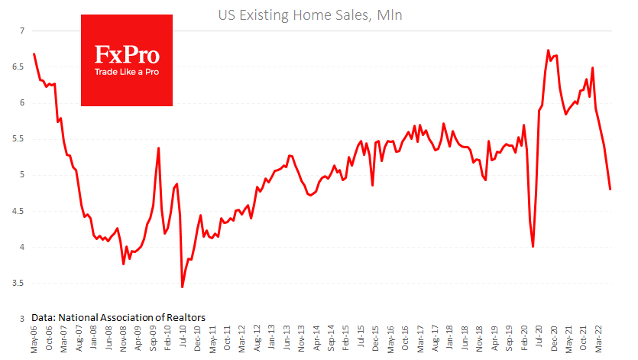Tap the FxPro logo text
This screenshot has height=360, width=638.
coord(127,54)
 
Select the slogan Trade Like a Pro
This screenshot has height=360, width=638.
coord(127,73)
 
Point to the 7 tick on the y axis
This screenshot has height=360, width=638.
coord(22,31)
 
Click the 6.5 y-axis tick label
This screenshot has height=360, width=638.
coord(18,67)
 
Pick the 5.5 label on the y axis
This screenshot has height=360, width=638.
coord(18,139)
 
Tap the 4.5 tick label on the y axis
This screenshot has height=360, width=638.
coord(18,211)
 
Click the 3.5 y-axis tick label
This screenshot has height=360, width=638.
coord(18,283)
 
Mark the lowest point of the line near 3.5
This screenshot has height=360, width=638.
coord(182,287)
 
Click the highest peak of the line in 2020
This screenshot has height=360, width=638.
coord(549,50)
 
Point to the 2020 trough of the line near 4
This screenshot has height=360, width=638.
coord(533,246)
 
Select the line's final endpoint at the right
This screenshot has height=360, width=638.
coord(610,190)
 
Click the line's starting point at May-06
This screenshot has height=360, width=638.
coord(34,54)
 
